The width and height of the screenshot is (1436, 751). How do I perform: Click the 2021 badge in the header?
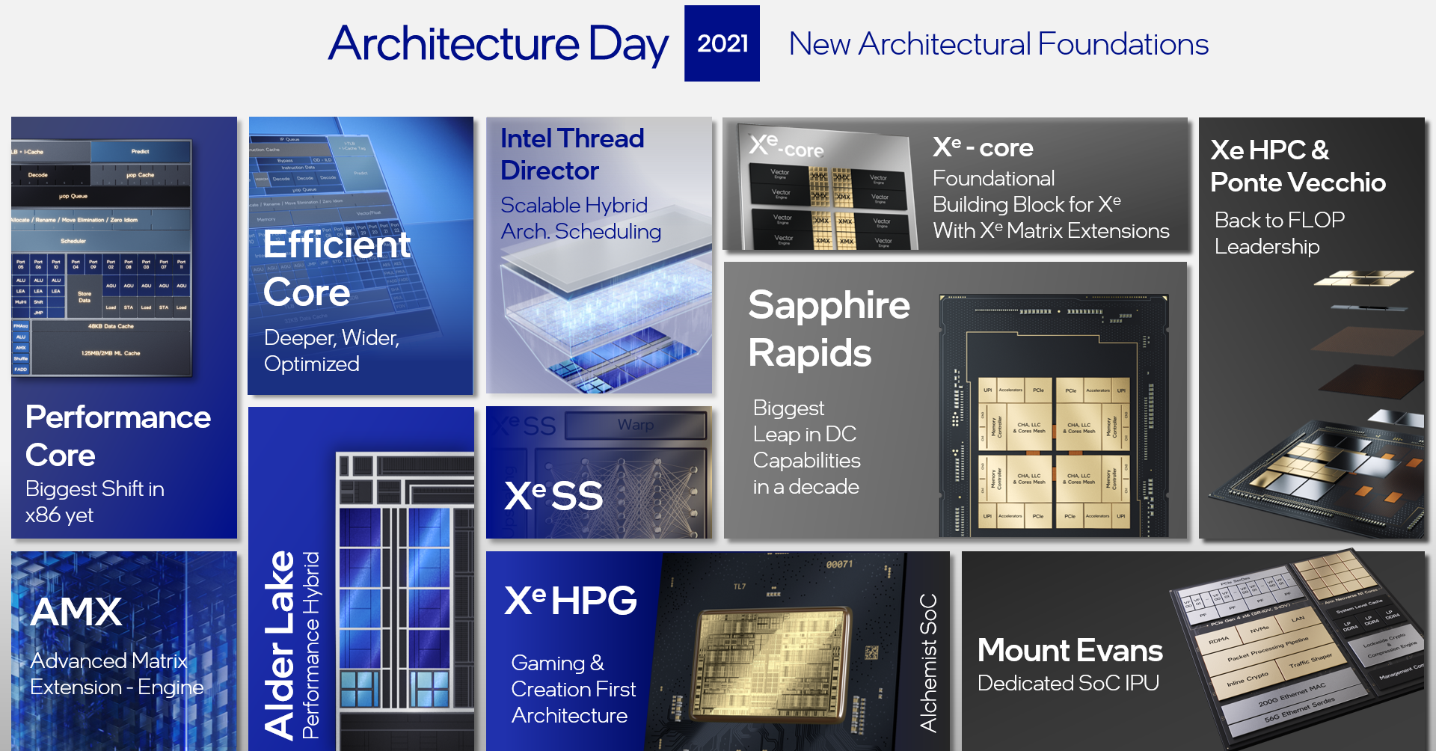(x=722, y=43)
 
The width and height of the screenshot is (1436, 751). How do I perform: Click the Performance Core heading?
(x=117, y=436)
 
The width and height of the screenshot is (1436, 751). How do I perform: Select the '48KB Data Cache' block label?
(x=111, y=326)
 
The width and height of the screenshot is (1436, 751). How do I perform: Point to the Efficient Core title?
(x=337, y=268)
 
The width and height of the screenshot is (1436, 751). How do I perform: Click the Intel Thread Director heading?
(x=571, y=154)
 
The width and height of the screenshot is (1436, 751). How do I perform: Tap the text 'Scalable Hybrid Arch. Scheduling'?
(x=580, y=218)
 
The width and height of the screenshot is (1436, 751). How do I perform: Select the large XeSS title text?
(x=553, y=495)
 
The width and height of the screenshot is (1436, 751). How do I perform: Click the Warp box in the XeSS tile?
(x=635, y=425)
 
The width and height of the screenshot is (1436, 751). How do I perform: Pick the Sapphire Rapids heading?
(x=829, y=328)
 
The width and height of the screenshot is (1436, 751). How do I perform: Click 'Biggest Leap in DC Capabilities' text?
(x=806, y=447)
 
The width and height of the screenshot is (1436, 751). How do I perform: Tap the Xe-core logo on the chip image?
(x=785, y=145)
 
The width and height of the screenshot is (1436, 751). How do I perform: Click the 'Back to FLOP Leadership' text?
(x=1279, y=233)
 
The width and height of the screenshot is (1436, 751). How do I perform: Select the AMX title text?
(x=76, y=611)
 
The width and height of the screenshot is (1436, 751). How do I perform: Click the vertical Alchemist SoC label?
(x=928, y=662)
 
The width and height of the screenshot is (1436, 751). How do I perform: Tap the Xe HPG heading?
(x=571, y=600)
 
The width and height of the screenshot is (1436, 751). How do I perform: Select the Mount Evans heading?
(x=1070, y=650)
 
